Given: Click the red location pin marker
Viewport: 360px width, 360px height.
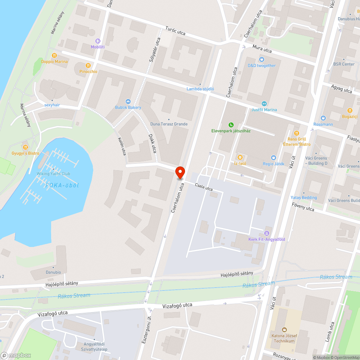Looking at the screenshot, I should tap(180, 172).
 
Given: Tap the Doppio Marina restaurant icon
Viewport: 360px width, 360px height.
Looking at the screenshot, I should tap(54, 55).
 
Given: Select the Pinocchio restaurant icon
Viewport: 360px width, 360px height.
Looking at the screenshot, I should tap(88, 66).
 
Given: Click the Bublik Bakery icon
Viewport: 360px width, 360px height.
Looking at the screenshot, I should tap(128, 102).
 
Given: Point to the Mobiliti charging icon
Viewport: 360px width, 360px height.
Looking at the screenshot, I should tap(98, 41).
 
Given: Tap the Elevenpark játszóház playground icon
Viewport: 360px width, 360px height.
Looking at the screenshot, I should tap(231, 125).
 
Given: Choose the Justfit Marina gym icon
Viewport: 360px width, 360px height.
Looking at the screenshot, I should tap(264, 104).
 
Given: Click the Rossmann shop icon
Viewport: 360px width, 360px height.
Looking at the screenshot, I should tap(323, 118).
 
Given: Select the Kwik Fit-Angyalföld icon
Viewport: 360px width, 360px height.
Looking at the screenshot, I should tap(267, 233).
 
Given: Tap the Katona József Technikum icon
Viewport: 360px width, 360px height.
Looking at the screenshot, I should tap(284, 329).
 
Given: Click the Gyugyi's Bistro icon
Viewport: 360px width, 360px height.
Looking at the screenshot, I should tap(25, 147).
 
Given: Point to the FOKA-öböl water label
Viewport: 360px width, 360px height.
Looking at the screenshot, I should tap(62, 185).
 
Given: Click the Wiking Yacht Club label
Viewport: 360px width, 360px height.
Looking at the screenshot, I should tap(53, 174).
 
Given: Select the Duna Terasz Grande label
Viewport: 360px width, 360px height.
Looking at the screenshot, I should tap(169, 124).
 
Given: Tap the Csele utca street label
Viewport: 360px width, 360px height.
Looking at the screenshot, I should tap(203, 188).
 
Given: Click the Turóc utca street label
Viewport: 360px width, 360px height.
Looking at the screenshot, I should tap(175, 31).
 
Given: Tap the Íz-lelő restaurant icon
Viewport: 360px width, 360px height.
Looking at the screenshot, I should tap(240, 157).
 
